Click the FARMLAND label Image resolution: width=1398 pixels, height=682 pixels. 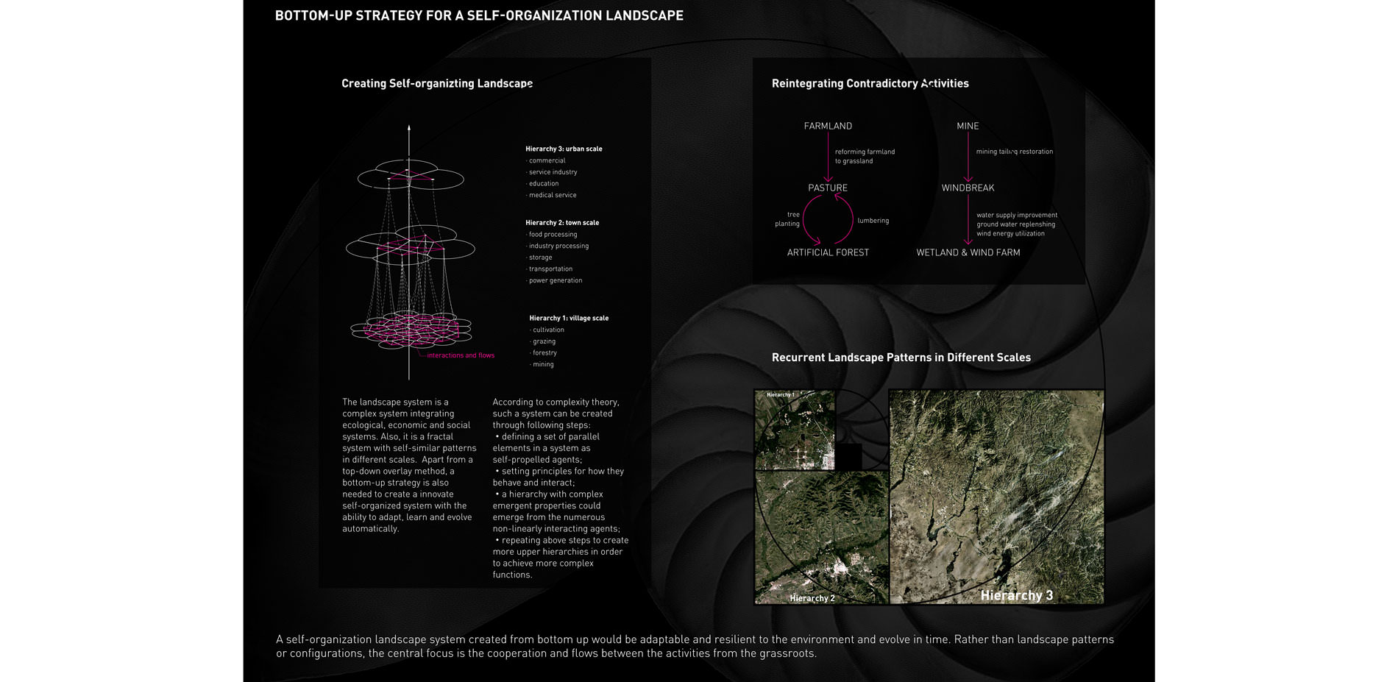828,126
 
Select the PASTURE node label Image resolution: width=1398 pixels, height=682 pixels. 828,188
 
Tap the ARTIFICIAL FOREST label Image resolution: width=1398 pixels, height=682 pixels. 828,252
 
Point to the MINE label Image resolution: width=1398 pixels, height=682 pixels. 968,126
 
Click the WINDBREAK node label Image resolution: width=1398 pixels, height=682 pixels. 968,188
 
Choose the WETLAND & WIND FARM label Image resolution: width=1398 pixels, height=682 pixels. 968,252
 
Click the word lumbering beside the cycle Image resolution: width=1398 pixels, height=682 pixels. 873,221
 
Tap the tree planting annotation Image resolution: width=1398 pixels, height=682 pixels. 787,219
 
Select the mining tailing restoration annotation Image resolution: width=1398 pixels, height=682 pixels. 1014,152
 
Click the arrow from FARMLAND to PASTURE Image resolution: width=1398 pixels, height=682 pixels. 828,157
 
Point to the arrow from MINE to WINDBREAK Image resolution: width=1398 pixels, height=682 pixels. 968,157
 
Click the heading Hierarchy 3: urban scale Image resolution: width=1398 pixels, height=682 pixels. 564,149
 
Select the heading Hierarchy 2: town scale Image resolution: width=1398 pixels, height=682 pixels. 562,222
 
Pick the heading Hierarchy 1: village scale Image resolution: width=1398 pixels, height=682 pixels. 569,318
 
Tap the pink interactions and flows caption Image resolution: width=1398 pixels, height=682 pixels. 461,355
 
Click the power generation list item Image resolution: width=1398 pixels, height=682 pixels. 555,280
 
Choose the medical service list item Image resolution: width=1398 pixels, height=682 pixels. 552,195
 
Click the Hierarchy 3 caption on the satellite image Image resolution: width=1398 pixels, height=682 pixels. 1017,595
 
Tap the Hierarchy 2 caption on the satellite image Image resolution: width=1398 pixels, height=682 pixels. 812,598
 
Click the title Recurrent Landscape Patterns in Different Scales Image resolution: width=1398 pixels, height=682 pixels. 901,358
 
